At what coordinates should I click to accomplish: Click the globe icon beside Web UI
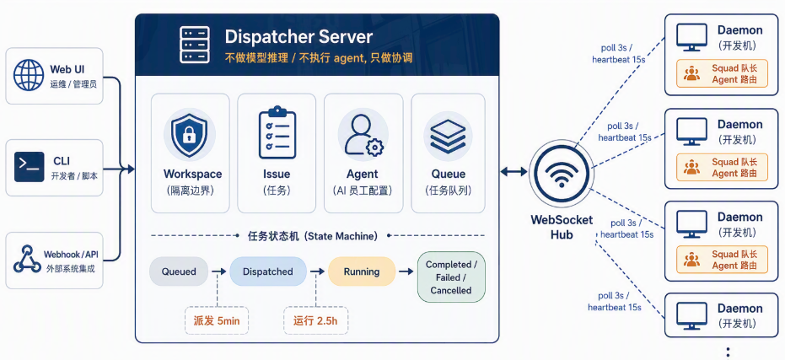(29, 74)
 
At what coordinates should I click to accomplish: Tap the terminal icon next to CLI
(29, 167)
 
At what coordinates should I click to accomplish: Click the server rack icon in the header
(194, 45)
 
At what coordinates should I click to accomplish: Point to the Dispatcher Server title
(298, 37)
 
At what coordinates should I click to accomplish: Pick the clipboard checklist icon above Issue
(277, 132)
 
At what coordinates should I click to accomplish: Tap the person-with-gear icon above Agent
(362, 135)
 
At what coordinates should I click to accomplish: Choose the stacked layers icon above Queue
(448, 137)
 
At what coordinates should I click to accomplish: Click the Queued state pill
(179, 271)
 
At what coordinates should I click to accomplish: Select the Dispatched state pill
(268, 271)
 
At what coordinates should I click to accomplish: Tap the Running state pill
(362, 271)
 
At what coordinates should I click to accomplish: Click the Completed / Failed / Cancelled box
(451, 277)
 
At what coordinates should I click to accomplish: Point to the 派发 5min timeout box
(218, 320)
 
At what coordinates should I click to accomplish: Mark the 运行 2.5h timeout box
(315, 320)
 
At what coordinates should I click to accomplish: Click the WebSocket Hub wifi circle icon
(562, 172)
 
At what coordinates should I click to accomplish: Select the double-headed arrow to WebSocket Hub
(514, 172)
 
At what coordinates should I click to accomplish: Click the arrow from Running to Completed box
(406, 271)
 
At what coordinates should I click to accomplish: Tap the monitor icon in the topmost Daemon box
(691, 36)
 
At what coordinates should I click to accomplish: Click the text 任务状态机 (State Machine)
(313, 236)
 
